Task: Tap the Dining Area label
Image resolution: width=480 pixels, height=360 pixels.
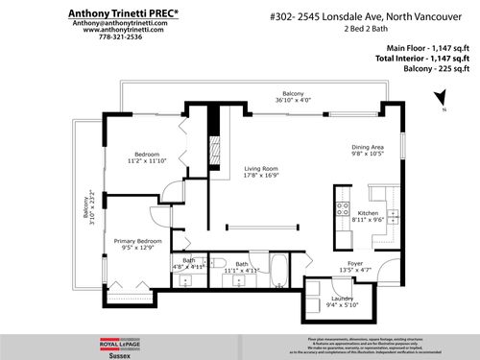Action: tap(368, 146)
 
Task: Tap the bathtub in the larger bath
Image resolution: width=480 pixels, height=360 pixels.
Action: tap(216, 266)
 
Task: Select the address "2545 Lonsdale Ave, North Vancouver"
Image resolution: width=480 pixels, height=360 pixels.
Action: tap(384, 14)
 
